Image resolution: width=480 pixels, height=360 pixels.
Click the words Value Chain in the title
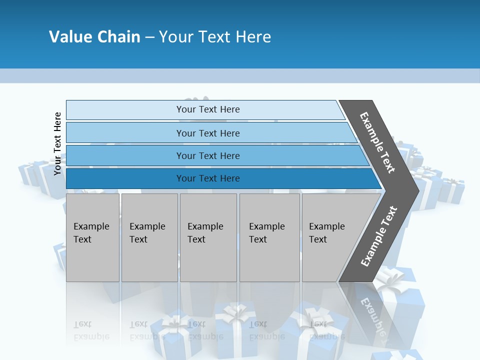click(x=94, y=37)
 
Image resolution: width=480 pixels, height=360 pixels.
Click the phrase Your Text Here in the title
click(x=215, y=37)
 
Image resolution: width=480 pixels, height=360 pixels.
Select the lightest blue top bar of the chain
click(x=207, y=109)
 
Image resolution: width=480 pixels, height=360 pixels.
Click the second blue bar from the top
click(x=207, y=133)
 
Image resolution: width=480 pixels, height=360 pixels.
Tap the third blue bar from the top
click(x=207, y=155)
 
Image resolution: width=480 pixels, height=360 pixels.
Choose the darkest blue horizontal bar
click(x=207, y=178)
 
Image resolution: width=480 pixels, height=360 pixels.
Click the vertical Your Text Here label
click(x=57, y=143)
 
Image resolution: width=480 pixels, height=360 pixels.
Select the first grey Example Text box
click(x=92, y=237)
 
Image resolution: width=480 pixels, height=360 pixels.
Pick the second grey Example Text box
click(x=149, y=237)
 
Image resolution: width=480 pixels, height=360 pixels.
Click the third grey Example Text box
click(x=207, y=237)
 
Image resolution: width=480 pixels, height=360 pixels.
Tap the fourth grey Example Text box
click(x=269, y=237)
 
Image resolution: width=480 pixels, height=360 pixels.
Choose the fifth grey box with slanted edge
click(x=330, y=237)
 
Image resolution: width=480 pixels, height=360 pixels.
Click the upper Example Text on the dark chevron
click(x=378, y=142)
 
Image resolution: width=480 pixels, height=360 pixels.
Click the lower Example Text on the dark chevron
click(x=379, y=236)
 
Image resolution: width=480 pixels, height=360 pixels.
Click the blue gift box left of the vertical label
click(x=32, y=172)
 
